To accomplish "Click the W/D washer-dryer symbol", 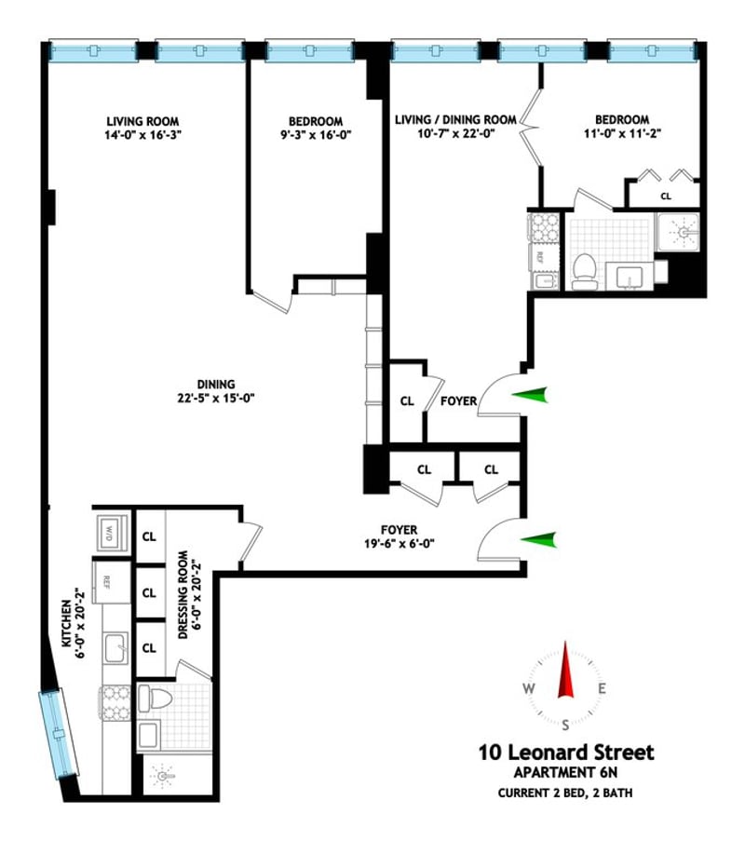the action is coord(112,533).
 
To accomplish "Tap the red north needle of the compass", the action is coord(565,670).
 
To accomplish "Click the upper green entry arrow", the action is coord(531,395).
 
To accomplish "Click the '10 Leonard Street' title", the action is coord(566,752).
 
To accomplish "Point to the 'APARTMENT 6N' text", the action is coord(566,773).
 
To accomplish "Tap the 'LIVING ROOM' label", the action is coord(142,122).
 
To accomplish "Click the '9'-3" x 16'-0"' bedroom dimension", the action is coord(316,135).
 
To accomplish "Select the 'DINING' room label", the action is coord(216,385).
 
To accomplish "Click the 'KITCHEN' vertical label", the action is coord(67,623).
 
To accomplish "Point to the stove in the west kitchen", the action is coord(115,703).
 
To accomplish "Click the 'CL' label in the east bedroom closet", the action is coord(666,197).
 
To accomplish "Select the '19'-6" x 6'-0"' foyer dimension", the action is coord(400,543).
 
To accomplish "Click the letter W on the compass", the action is coord(529,688).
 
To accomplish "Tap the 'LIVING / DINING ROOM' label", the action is coord(456,119).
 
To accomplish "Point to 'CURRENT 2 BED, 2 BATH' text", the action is coord(565,793).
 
